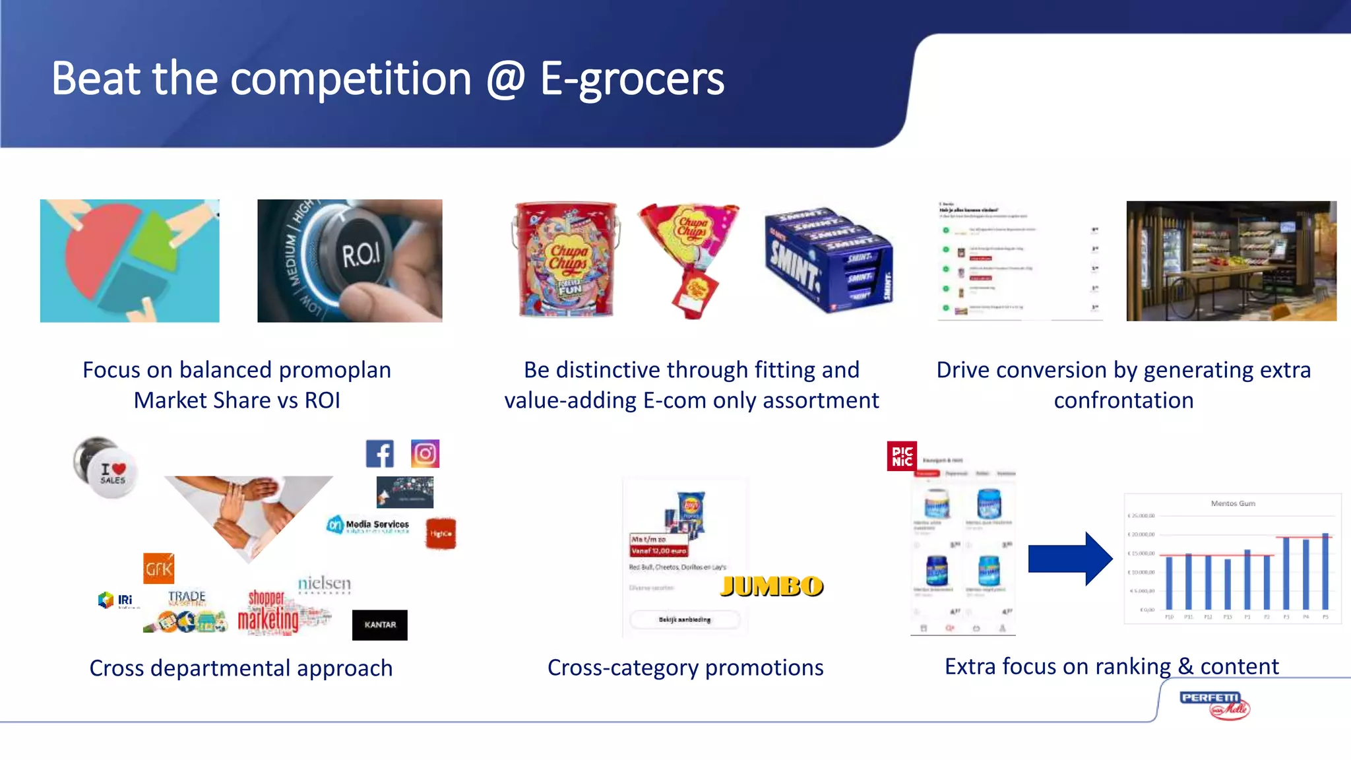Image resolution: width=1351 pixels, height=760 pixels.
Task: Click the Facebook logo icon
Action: pyautogui.click(x=380, y=454)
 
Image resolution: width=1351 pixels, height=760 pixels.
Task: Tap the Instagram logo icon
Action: pyautogui.click(x=425, y=454)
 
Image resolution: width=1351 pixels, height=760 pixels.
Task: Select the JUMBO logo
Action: pyautogui.click(x=772, y=586)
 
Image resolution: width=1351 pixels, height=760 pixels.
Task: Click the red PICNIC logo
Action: pyautogui.click(x=902, y=456)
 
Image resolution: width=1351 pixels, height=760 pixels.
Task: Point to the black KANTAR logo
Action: pyautogui.click(x=380, y=625)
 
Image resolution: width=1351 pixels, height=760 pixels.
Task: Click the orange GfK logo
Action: pyautogui.click(x=159, y=569)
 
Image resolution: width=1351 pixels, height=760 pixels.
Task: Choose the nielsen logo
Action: pyautogui.click(x=324, y=584)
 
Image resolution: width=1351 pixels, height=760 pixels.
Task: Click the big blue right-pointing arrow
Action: pyautogui.click(x=1070, y=558)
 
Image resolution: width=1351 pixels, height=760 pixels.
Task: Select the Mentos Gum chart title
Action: pyautogui.click(x=1233, y=503)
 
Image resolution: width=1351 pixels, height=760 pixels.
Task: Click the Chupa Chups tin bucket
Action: pyautogui.click(x=567, y=260)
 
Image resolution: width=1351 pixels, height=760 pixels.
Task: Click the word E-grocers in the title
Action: pyautogui.click(x=632, y=79)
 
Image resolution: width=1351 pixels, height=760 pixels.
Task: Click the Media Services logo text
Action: pyautogui.click(x=377, y=524)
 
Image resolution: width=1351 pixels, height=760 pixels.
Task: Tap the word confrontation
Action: pyautogui.click(x=1123, y=400)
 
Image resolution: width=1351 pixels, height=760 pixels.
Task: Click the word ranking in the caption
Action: pyautogui.click(x=1133, y=666)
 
